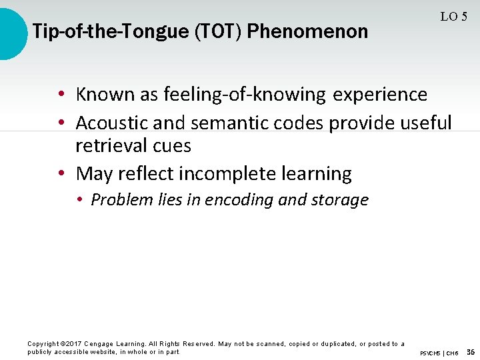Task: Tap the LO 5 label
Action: pos(453,17)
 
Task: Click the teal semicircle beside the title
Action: pos(12,32)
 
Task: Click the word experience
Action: pos(380,95)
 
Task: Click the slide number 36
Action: pos(471,352)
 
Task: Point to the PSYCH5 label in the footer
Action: pos(430,353)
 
